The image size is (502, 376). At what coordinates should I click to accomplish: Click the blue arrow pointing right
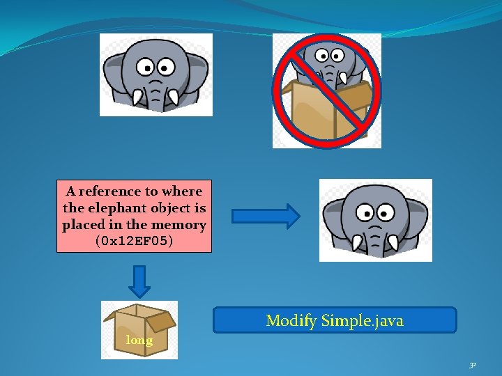coord(266,217)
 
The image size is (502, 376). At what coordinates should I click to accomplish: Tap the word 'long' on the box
coord(139,340)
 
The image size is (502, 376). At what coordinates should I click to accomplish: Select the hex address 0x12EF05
coord(134,242)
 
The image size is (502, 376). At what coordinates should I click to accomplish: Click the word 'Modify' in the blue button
coord(291,321)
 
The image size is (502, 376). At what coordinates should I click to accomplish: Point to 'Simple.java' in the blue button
coord(363,321)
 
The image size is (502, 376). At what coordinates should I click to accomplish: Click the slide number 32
coord(473,364)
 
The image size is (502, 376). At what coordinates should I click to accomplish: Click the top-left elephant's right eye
coord(166,68)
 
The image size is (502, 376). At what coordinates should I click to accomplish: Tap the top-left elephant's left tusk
coord(137,98)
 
